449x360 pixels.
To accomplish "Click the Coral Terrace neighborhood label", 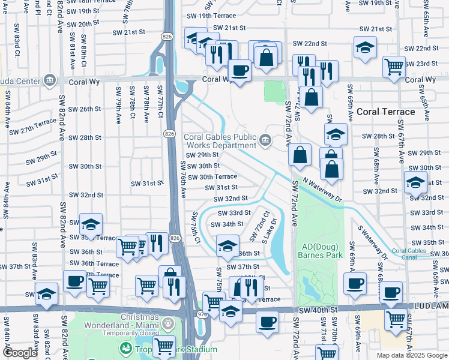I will click(385, 112).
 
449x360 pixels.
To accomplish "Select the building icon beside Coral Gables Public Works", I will click(265, 140).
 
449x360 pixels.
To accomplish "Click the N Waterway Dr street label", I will click(322, 189).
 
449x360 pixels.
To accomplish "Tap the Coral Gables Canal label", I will click(411, 254).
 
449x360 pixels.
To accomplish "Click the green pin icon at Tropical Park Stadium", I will click(126, 349).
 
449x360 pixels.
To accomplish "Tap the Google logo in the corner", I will click(20, 353).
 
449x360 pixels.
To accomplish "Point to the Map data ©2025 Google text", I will click(411, 355).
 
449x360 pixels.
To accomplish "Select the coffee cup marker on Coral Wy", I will click(240, 71).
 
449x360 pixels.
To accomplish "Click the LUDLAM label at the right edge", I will click(436, 307).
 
